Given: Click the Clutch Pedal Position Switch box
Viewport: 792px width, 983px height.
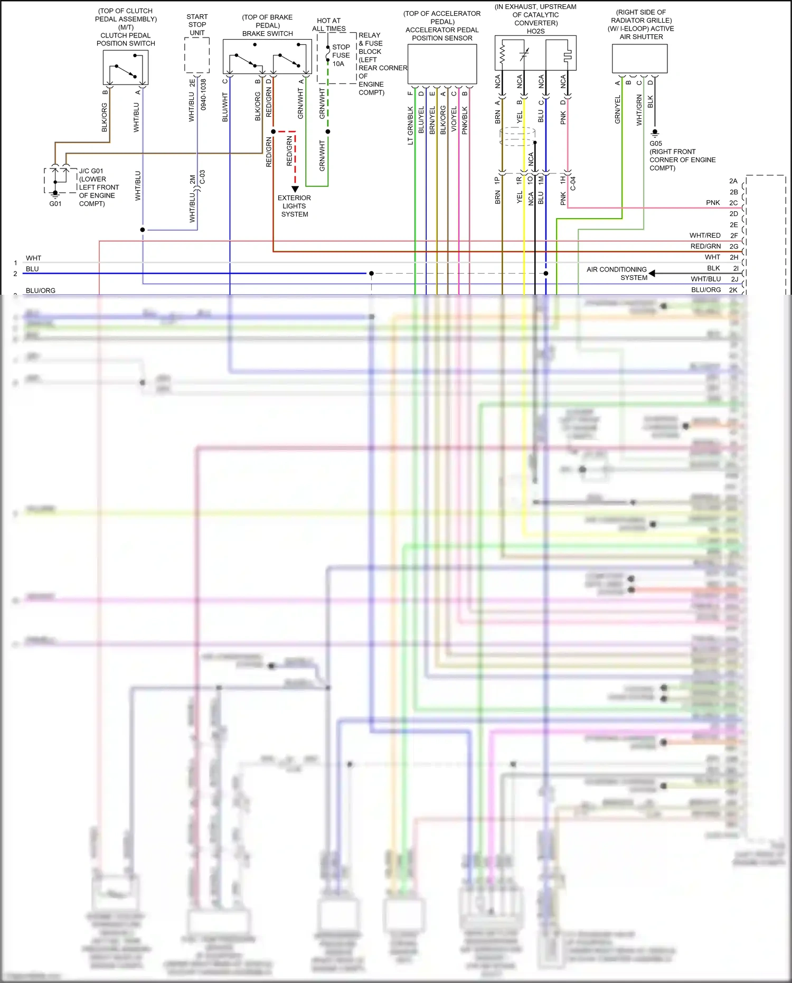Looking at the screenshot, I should (126, 67).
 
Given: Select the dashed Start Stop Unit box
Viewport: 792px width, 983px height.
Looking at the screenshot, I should (197, 55).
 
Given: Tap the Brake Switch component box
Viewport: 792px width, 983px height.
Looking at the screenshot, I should (267, 57).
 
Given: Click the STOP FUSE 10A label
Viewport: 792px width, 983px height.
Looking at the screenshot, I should (341, 55).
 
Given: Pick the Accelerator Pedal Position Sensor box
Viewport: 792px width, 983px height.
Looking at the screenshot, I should (442, 64).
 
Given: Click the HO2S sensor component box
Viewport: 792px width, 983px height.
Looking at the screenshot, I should (535, 53).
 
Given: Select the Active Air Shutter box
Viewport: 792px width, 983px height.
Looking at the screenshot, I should (639, 58).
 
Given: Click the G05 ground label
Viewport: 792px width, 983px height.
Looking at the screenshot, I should (656, 143).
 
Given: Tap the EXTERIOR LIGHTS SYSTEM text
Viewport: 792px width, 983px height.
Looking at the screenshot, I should (294, 206).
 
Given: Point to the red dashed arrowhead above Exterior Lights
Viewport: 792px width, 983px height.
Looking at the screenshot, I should (295, 189).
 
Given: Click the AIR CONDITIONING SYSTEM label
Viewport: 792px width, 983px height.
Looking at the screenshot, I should (617, 273).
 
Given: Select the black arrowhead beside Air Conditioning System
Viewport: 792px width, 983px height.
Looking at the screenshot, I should (653, 273).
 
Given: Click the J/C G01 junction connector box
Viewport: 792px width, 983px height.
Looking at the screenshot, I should (60, 181).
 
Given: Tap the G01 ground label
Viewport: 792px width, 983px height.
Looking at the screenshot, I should (55, 204).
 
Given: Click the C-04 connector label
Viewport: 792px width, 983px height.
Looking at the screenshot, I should (573, 183).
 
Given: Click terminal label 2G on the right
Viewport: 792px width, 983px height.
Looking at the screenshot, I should (733, 247).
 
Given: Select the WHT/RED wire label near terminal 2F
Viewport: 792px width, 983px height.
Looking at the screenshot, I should (704, 236).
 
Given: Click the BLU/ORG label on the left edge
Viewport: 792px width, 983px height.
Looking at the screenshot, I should (41, 291).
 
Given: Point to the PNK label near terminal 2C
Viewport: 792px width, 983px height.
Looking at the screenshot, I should (712, 203).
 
